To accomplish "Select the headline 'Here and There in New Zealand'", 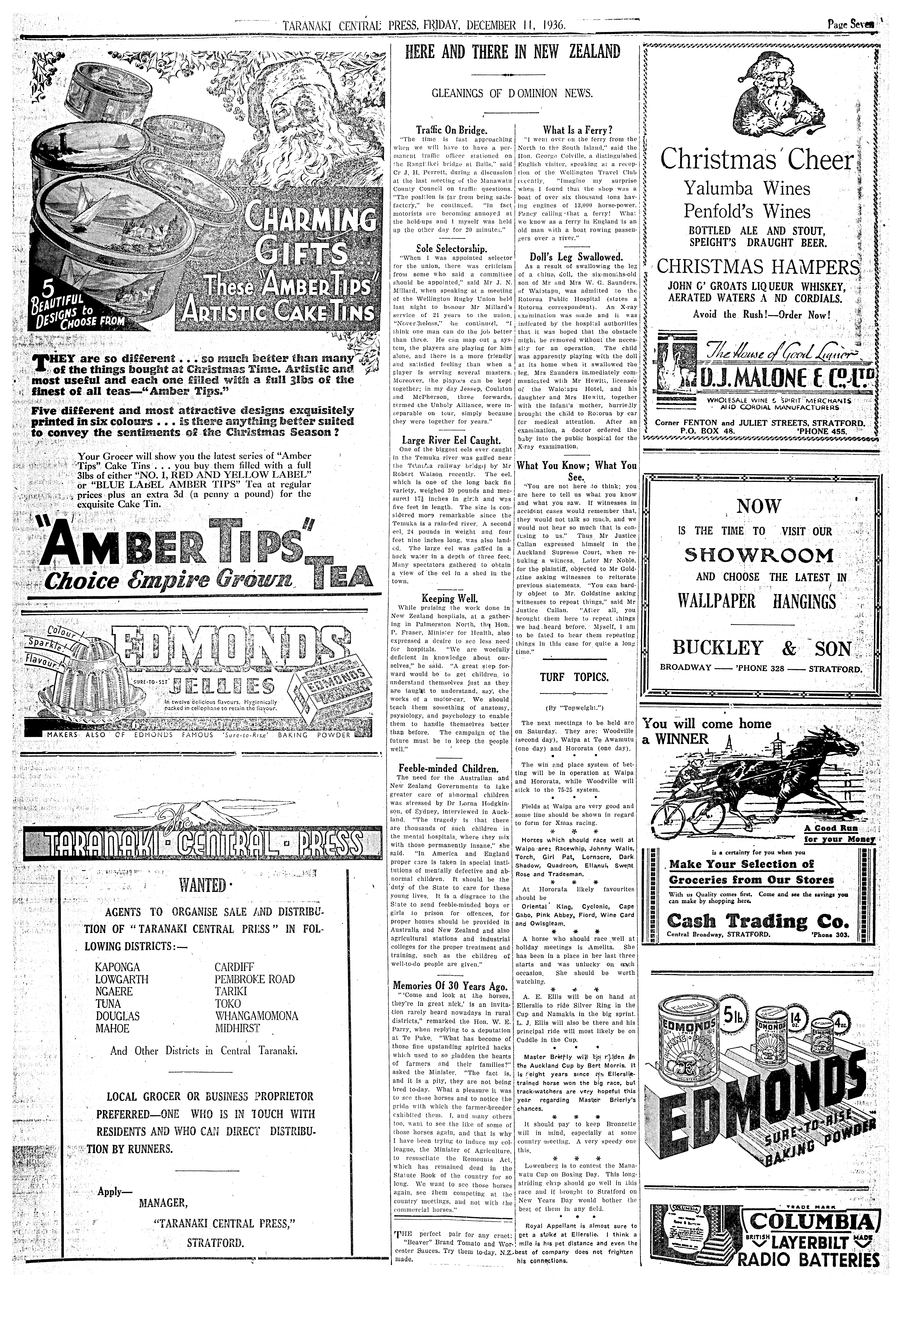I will click(x=513, y=52).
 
